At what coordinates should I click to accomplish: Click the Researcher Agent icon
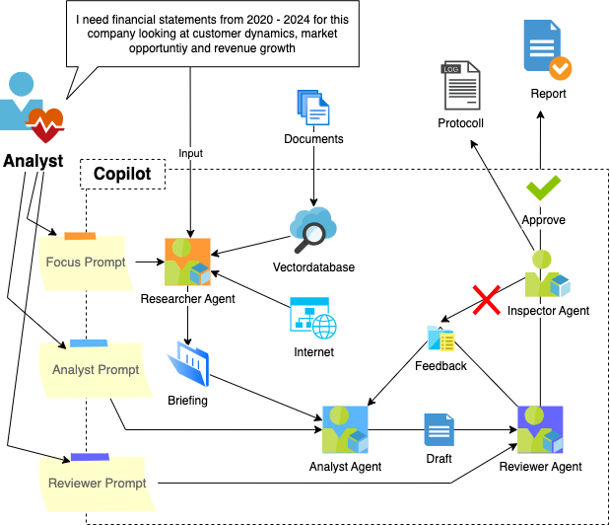pos(187,262)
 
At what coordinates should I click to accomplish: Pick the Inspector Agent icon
pos(548,274)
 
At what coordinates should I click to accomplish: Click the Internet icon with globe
pos(313,318)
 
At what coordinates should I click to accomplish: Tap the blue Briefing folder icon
pos(190,364)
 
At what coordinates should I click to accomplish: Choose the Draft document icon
pos(439,430)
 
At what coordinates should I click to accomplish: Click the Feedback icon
pos(441,338)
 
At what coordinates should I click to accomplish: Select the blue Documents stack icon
pos(312,108)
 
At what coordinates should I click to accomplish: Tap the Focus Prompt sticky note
pos(84,262)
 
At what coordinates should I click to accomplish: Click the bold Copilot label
pos(122,174)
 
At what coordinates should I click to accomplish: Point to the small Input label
pos(190,153)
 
